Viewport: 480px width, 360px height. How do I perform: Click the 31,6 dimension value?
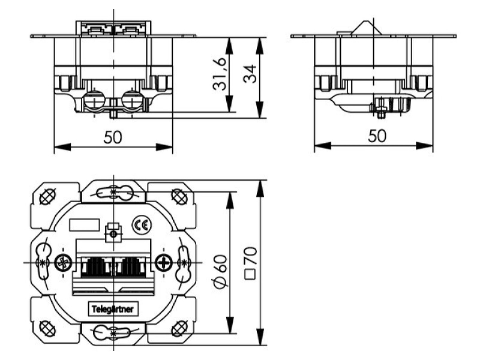[219, 74]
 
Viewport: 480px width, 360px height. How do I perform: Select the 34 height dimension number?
[250, 74]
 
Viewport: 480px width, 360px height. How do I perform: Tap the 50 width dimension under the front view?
[113, 137]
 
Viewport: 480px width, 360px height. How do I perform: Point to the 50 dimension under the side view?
[377, 136]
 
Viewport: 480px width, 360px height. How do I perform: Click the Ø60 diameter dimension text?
[220, 272]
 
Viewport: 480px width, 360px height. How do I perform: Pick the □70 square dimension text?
[250, 263]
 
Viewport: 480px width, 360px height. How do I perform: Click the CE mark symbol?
[142, 226]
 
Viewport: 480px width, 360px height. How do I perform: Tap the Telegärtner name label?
[113, 309]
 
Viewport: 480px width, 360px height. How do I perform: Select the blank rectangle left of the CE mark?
[85, 225]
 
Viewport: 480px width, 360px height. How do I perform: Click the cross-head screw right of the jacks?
[164, 263]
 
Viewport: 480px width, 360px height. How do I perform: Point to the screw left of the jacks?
[64, 263]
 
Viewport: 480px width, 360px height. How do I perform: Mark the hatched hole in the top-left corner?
[48, 197]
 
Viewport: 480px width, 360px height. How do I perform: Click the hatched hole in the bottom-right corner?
[179, 329]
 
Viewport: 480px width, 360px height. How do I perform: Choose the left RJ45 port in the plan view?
[95, 266]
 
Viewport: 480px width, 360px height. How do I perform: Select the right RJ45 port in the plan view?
[131, 266]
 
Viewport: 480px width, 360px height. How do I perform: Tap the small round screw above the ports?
[113, 235]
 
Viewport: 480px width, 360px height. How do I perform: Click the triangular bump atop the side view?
[367, 27]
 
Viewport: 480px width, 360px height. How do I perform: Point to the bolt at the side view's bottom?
[381, 108]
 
